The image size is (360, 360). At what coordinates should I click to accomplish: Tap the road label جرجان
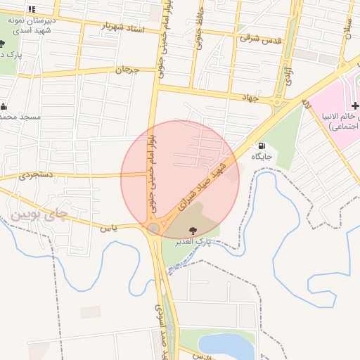[124, 70]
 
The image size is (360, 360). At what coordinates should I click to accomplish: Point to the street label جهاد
[250, 97]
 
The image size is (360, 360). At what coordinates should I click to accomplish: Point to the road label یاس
[107, 228]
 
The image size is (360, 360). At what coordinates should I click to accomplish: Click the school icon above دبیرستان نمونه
[32, 9]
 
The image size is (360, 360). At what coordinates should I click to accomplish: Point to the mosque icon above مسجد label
[5, 106]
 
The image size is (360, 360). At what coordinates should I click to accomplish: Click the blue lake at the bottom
[225, 345]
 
